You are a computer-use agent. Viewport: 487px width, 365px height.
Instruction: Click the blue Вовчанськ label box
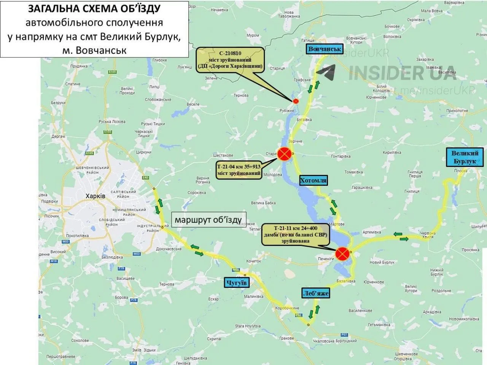325,49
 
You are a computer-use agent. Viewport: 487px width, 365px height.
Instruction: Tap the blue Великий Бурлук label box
465,157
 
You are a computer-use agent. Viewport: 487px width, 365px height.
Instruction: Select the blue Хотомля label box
313,180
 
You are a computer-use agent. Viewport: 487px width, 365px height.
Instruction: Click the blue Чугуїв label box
236,282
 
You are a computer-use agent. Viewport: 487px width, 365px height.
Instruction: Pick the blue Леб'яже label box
315,293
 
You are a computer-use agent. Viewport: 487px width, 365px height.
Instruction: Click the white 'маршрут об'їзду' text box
208,220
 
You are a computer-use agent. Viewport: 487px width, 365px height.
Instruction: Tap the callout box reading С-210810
230,60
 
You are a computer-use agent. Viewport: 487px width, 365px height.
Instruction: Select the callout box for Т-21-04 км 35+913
239,170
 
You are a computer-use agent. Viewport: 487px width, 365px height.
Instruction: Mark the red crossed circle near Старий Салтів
284,154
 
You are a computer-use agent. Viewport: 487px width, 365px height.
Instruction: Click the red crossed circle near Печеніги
342,253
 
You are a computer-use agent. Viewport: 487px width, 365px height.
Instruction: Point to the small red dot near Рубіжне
296,101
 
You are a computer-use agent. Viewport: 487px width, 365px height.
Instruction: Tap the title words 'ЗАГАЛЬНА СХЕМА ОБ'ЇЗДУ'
94,9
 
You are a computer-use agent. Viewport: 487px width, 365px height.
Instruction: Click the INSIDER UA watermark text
403,72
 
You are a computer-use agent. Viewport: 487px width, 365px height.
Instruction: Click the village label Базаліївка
346,281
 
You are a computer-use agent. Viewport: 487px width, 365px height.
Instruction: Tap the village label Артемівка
372,232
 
